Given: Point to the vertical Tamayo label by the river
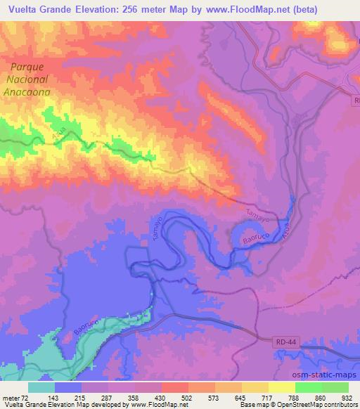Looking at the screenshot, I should coord(157,229).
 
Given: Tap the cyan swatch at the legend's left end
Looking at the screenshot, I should coord(41,387).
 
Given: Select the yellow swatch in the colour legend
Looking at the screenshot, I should coord(282,387).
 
